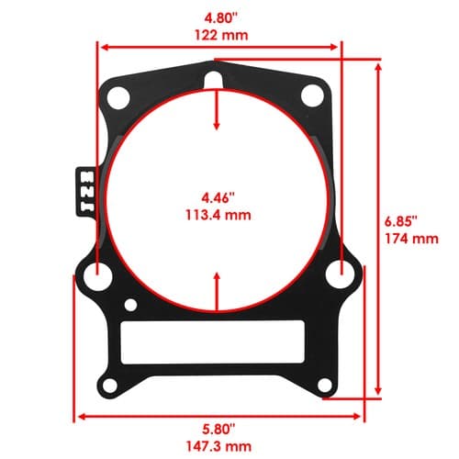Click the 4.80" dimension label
(220, 18)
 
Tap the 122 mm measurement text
(221, 36)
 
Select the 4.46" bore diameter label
(218, 198)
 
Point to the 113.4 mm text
(218, 215)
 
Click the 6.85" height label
(401, 221)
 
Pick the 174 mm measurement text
(411, 239)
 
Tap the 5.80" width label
(218, 430)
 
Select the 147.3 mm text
(219, 446)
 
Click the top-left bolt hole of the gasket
(118, 97)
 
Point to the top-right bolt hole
(312, 96)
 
